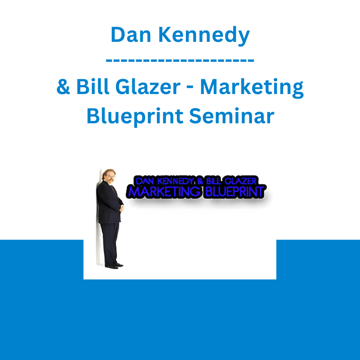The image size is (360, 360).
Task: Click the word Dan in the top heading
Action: (130, 35)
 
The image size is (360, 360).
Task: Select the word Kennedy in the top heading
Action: (204, 36)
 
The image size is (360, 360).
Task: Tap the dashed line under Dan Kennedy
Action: (180, 60)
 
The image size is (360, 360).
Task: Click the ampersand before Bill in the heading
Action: (63, 86)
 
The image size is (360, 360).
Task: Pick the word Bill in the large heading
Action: (93, 86)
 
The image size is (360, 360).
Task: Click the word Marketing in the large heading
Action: (252, 88)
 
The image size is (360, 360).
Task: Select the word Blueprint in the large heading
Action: (135, 117)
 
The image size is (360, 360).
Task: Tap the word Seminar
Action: (232, 116)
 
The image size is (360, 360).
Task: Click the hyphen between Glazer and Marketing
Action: (190, 88)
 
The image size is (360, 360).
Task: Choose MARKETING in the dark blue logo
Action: (164, 192)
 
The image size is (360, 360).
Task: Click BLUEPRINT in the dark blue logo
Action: (235, 192)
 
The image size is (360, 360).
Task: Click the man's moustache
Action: (111, 180)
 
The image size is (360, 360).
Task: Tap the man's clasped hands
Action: (121, 208)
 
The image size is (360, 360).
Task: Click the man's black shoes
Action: (114, 266)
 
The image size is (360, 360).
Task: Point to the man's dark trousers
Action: (110, 244)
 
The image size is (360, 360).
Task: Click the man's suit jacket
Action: (108, 202)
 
